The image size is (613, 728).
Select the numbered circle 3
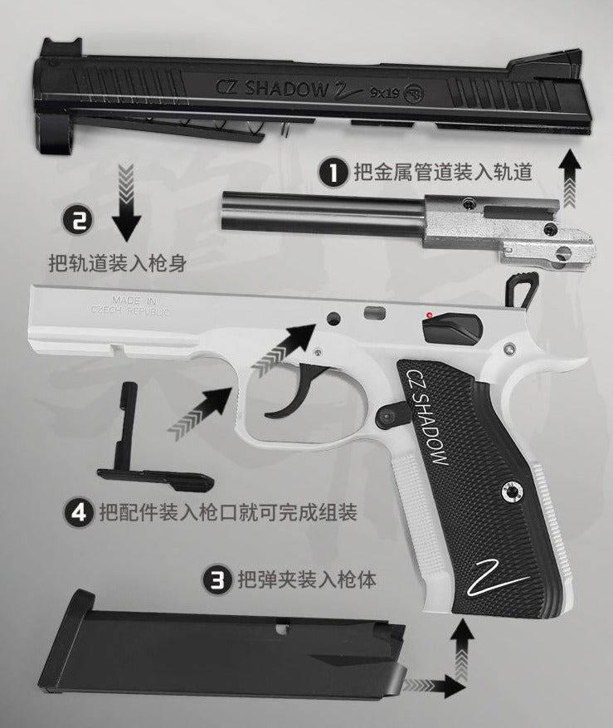[x=217, y=579]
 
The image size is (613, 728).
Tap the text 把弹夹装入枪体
[x=306, y=579]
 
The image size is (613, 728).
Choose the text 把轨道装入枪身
[x=116, y=264]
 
